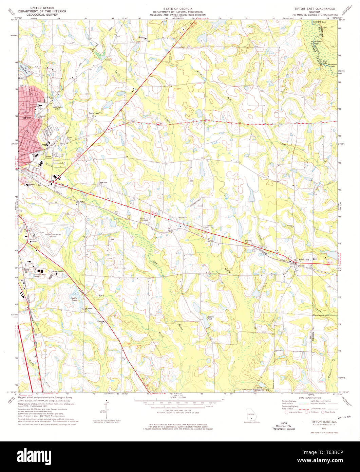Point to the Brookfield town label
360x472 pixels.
pos(304,259)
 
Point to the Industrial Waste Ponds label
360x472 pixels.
pos(40,274)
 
